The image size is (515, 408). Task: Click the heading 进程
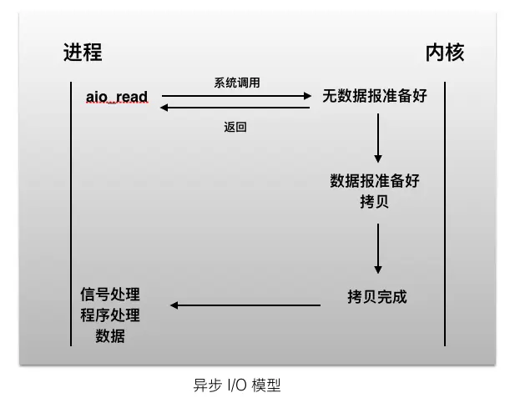pyautogui.click(x=83, y=52)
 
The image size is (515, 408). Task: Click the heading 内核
pyautogui.click(x=445, y=52)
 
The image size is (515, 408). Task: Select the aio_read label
pyautogui.click(x=117, y=97)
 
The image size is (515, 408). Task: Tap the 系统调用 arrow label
pyautogui.click(x=237, y=83)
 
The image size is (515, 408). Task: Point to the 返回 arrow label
pyautogui.click(x=235, y=127)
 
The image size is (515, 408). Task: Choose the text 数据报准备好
pyautogui.click(x=375, y=181)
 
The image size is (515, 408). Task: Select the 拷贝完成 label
pyautogui.click(x=377, y=296)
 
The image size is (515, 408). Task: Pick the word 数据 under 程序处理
pyautogui.click(x=110, y=336)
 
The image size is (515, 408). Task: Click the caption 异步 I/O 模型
pyautogui.click(x=238, y=385)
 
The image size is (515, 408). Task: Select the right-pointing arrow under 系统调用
pyautogui.click(x=236, y=96)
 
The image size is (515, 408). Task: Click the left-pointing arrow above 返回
pyautogui.click(x=236, y=108)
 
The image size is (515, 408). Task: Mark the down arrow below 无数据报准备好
pyautogui.click(x=378, y=137)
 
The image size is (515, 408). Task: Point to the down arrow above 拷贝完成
pyautogui.click(x=378, y=248)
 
